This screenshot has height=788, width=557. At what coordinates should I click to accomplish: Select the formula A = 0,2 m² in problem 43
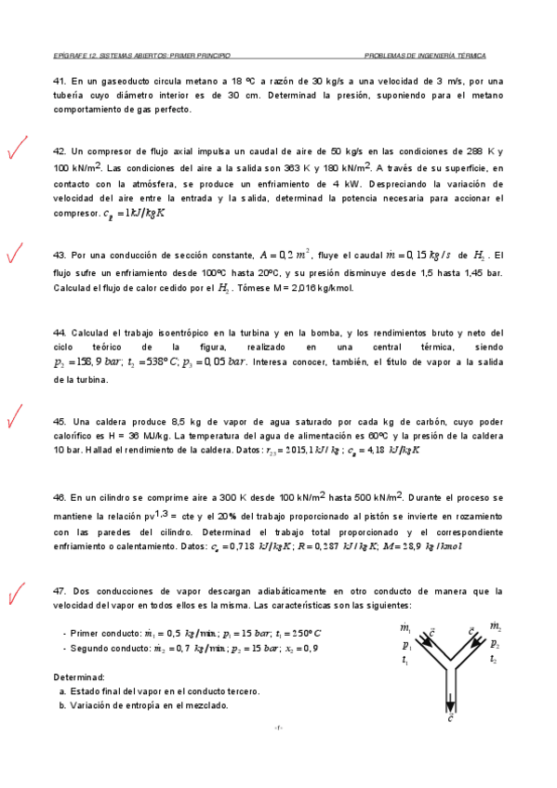[288, 254]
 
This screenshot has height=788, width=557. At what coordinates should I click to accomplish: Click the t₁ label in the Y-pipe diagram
[406, 659]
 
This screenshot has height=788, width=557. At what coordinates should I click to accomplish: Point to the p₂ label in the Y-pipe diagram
[494, 643]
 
